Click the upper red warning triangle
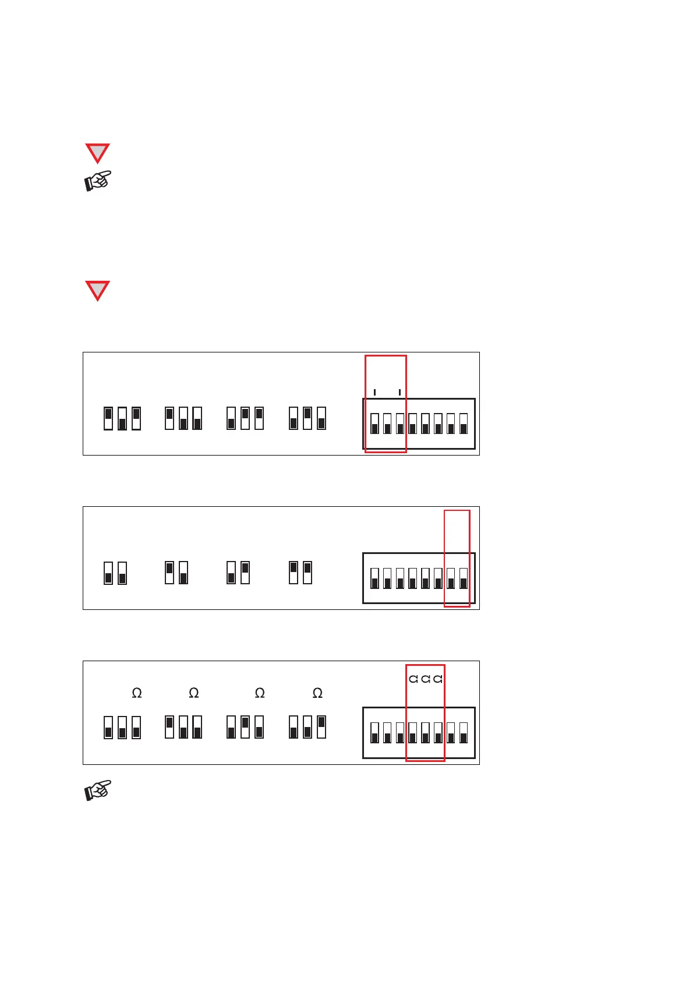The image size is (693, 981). coord(97,153)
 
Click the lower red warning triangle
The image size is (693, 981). coord(97,290)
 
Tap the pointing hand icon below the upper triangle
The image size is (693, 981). coord(98,181)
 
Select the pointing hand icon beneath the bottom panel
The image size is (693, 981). coord(98,790)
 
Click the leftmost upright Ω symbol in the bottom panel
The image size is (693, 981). coord(137,693)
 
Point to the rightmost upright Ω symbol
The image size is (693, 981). coord(317,693)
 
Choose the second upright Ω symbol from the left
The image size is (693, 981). coord(194,693)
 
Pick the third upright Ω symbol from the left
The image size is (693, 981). coord(260,693)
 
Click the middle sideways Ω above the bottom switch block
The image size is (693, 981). coord(426,679)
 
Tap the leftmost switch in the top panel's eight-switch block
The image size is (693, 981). coord(374,424)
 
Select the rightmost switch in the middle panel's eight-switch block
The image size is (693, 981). coord(464,578)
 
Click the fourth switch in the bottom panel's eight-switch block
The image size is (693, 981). coord(413,732)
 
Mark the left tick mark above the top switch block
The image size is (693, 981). coord(374,392)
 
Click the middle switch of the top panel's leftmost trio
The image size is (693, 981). coord(122,418)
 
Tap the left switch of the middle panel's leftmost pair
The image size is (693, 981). coord(108,573)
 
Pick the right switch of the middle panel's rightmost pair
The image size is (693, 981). coord(307,572)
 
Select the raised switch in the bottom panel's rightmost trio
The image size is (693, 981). coord(321,726)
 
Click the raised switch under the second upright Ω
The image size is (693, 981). coord(169,726)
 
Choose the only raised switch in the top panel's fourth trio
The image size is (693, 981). coord(307,418)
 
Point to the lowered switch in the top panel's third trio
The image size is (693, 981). coord(231,418)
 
